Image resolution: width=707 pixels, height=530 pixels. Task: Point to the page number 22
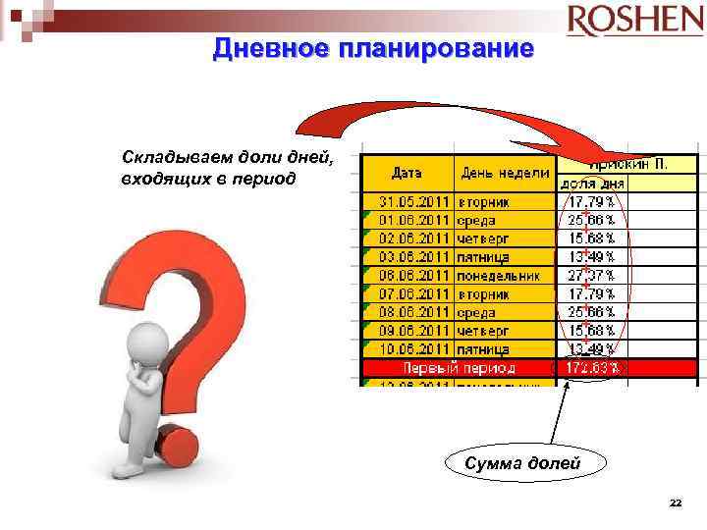coord(675,503)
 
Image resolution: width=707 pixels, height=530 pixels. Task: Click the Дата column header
coord(407,173)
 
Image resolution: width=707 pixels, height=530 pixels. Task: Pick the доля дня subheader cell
coord(592,183)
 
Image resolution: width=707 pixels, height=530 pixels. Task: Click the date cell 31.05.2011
coord(413,201)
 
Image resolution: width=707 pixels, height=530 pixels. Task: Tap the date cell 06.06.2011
coord(413,275)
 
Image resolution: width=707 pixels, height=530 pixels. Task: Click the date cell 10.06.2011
coord(413,348)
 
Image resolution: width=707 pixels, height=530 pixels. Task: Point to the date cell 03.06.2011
coord(413,256)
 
